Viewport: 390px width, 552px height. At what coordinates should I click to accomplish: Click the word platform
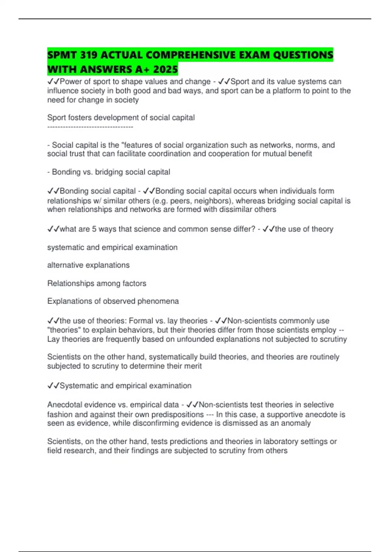pos(287,91)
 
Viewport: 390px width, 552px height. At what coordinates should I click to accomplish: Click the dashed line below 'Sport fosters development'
pos(90,127)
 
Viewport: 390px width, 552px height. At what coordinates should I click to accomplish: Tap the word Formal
pos(141,321)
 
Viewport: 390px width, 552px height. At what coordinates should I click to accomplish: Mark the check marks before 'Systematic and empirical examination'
pos(53,386)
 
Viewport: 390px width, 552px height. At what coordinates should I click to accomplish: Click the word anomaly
pos(297,423)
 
